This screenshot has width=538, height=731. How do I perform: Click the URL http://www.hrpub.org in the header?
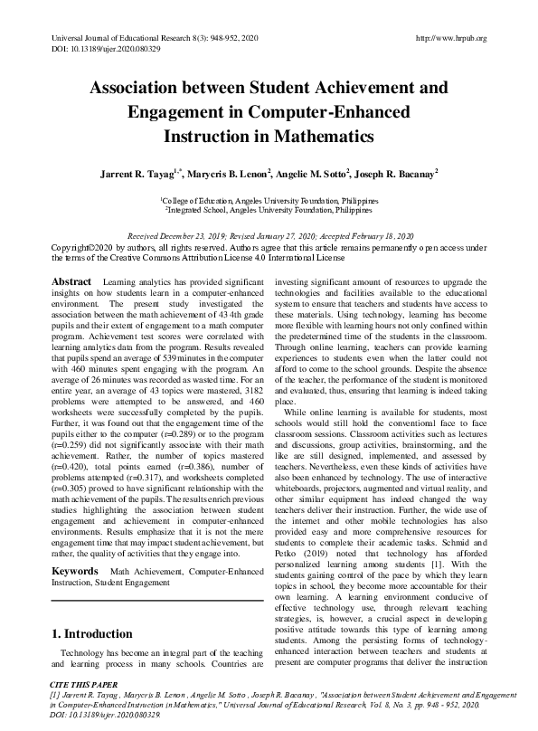(x=449, y=38)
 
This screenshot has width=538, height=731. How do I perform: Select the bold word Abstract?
(x=71, y=258)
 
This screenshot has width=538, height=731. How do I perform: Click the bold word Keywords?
(x=74, y=547)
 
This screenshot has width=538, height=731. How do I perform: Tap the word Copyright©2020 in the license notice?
(x=82, y=246)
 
